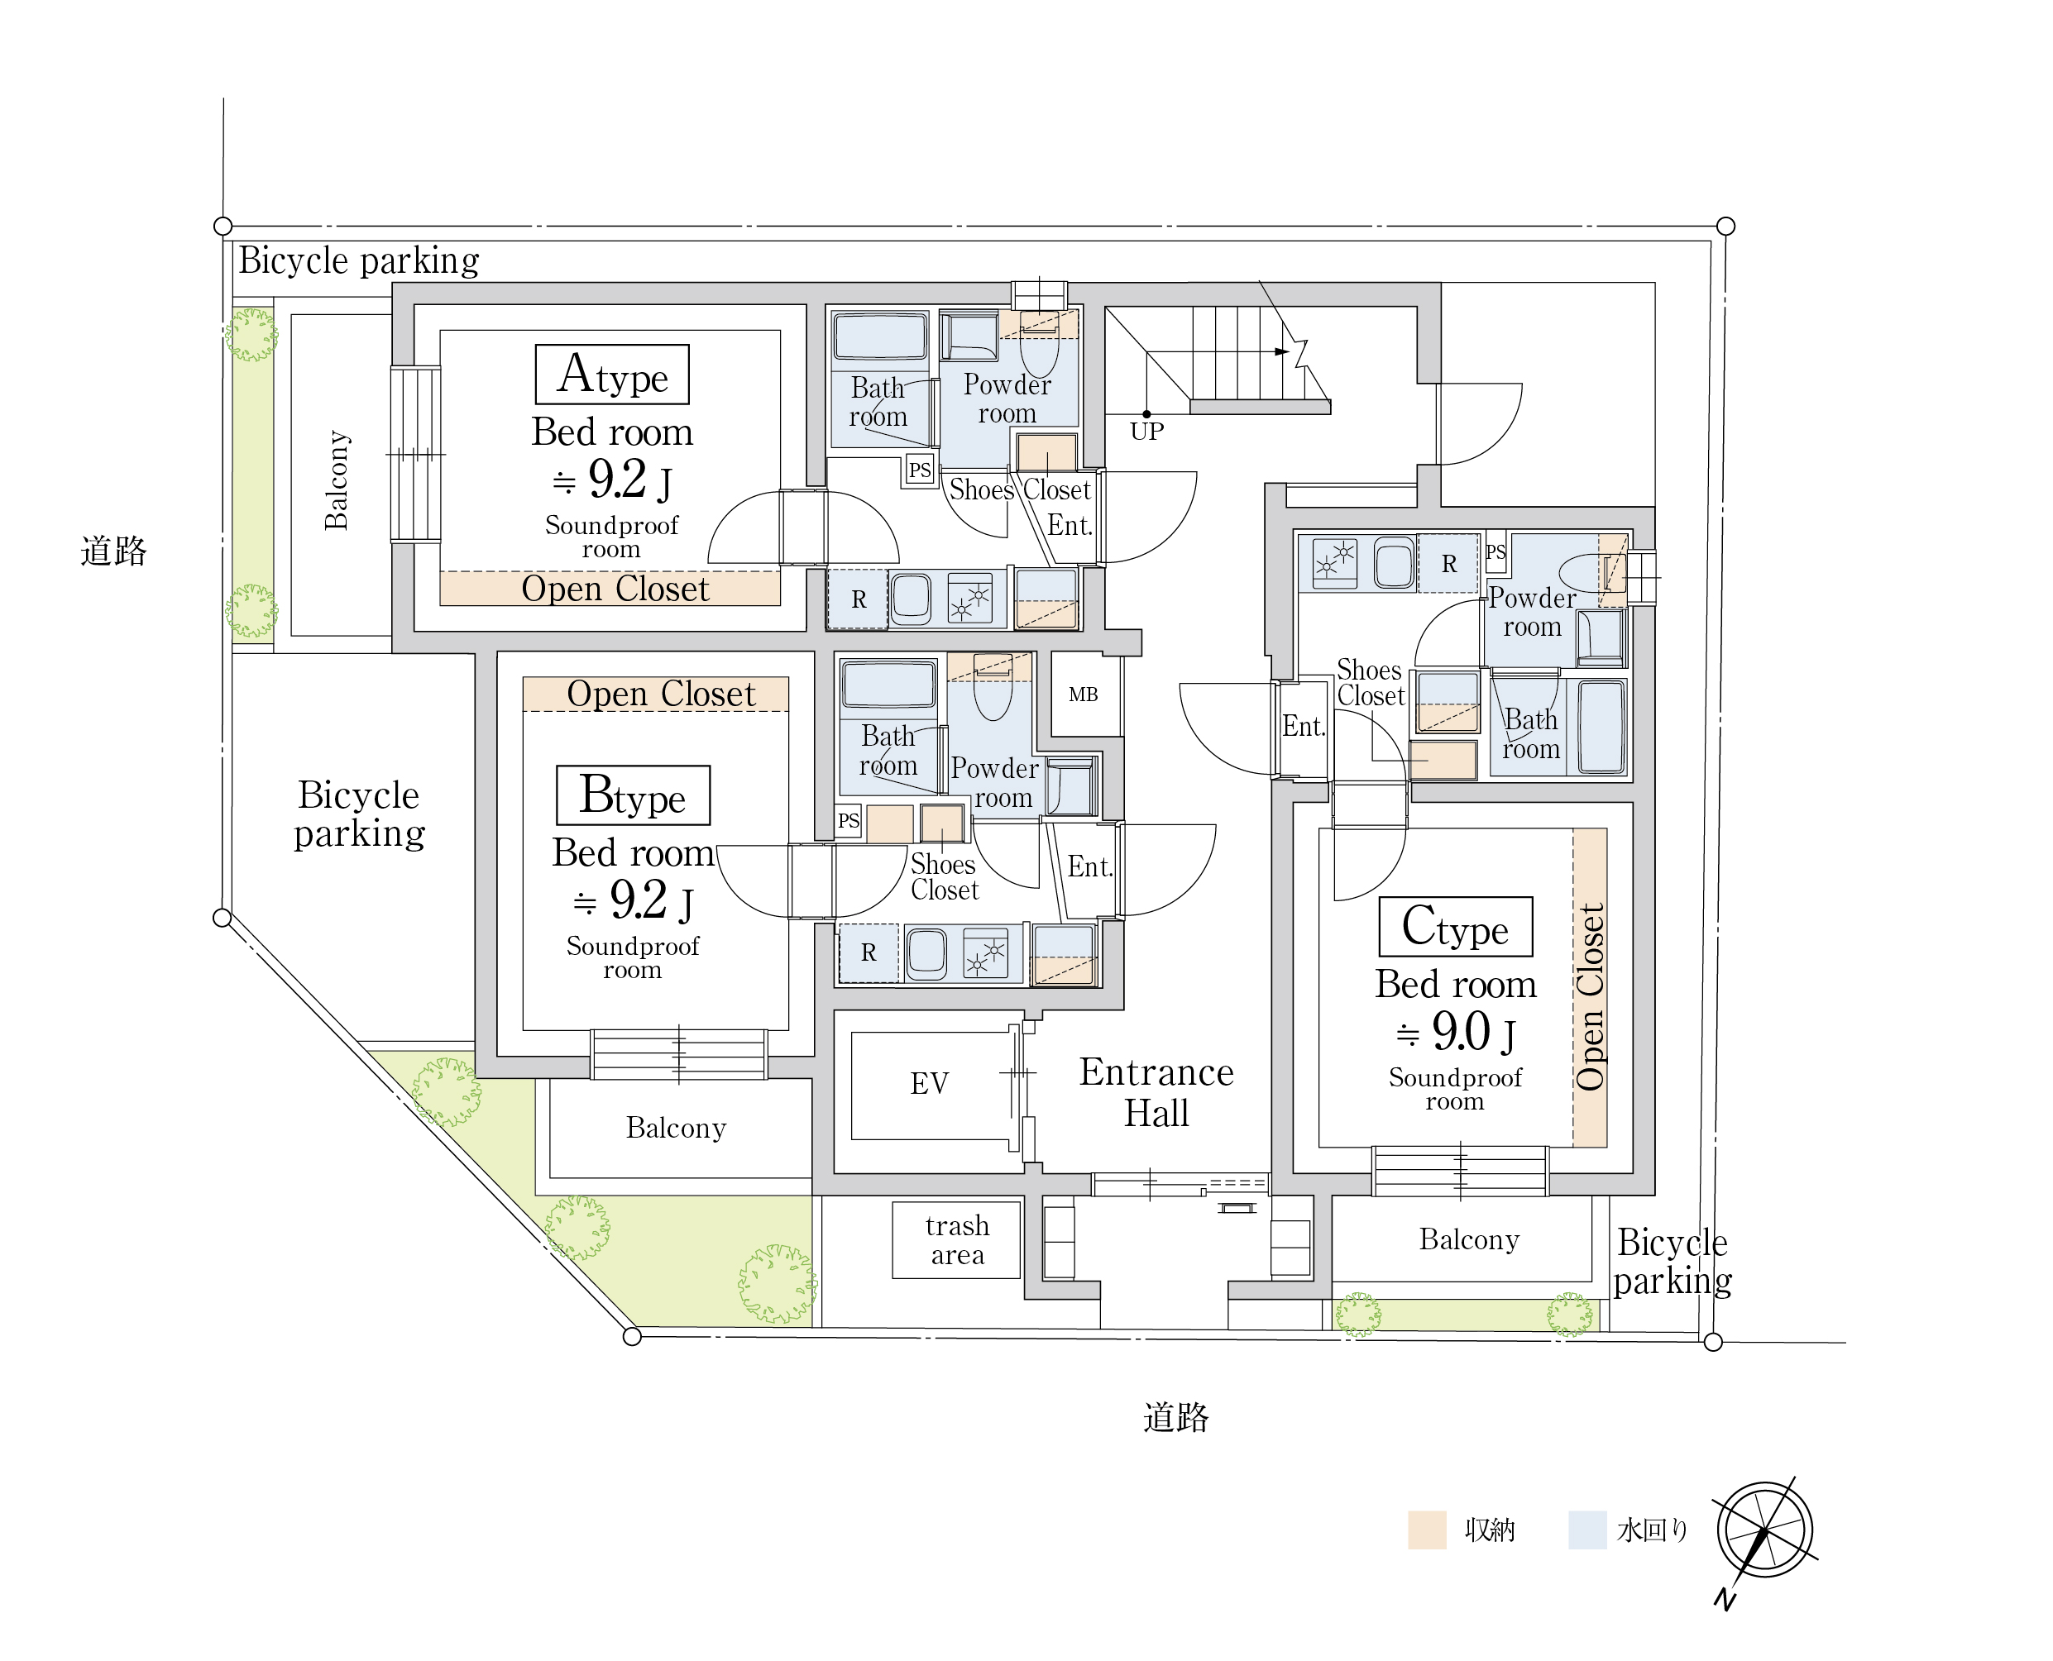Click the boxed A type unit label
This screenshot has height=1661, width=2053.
611,374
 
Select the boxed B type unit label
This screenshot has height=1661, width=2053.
634,795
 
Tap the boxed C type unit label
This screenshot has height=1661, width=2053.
1456,926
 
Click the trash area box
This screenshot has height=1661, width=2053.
957,1240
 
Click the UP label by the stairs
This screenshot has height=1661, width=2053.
1146,432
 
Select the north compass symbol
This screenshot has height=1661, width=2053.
1764,1531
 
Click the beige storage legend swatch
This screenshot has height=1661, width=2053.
1427,1530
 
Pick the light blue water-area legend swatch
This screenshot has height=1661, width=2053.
1586,1530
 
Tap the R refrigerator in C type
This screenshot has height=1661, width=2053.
1449,564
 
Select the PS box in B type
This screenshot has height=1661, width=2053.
848,821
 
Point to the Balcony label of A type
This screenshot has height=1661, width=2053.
337,480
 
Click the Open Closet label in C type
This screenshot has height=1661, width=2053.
1590,997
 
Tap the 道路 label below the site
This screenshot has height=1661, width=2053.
1175,1417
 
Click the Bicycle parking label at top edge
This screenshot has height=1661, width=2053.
359,261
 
